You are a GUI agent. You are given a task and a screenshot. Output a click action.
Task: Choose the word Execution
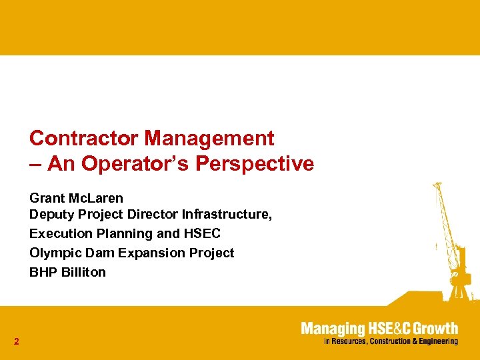click(x=57, y=233)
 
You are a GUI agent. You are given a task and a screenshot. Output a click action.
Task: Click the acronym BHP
click(x=41, y=272)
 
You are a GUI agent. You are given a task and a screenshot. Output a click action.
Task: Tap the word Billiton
click(x=82, y=272)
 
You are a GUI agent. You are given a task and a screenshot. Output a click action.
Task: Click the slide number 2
click(x=16, y=342)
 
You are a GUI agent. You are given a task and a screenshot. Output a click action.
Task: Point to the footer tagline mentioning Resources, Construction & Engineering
click(x=391, y=341)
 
